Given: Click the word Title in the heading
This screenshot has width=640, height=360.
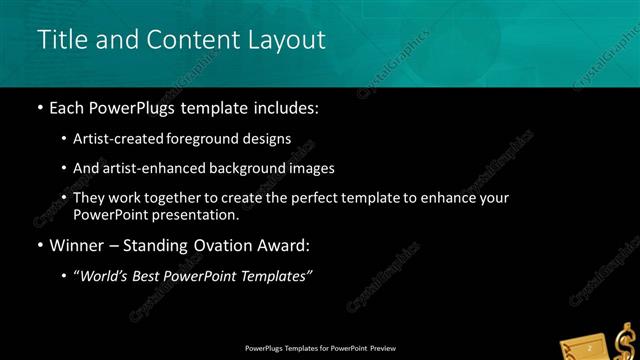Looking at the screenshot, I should pos(59,40).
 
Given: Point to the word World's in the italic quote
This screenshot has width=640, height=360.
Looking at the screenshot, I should pos(106,276).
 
